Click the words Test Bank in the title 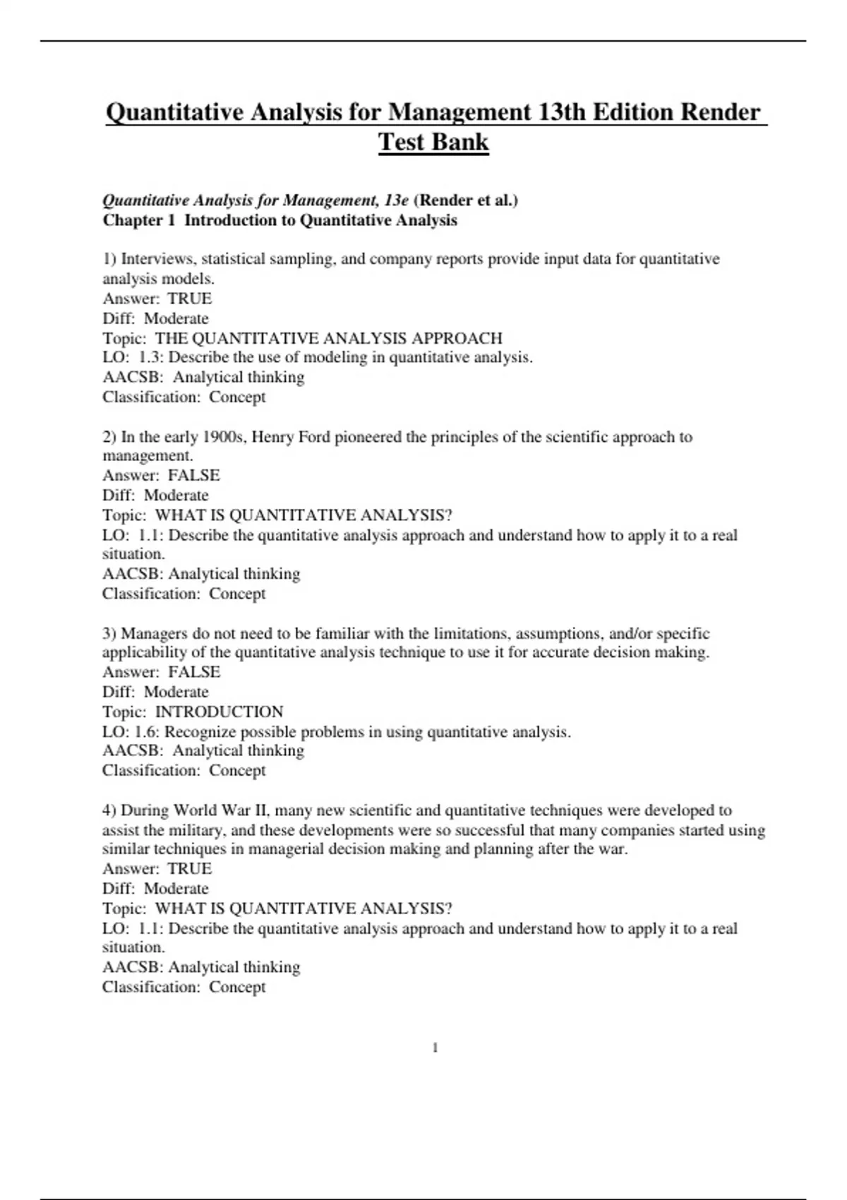pos(433,142)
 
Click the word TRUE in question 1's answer pos(189,299)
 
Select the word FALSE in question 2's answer pos(193,475)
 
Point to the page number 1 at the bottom pos(435,1048)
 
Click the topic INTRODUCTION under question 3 pos(219,712)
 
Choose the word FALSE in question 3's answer pos(193,672)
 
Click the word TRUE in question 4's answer pos(189,869)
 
